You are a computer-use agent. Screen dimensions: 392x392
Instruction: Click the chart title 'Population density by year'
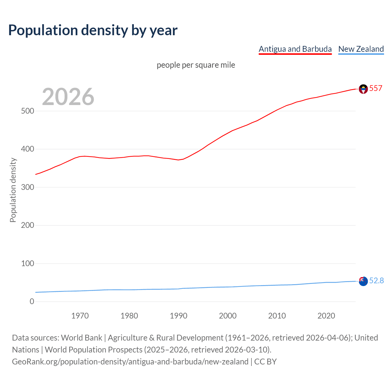[93, 30]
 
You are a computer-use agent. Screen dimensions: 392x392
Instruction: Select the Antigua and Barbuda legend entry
[295, 49]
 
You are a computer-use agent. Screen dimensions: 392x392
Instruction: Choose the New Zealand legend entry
[361, 49]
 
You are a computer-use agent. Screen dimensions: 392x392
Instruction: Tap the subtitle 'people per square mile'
[196, 65]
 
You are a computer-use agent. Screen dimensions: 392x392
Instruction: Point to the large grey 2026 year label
[68, 97]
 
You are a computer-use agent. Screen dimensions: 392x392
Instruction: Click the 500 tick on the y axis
[28, 111]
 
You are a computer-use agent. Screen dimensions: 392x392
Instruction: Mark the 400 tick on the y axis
[28, 149]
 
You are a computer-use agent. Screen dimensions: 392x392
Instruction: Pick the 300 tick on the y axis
[28, 187]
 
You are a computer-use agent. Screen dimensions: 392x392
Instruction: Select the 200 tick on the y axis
[28, 225]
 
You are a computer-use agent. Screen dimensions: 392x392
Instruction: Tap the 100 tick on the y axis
[28, 263]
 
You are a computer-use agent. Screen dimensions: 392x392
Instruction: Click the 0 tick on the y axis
[32, 301]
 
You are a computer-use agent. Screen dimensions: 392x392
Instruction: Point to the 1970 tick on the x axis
[80, 316]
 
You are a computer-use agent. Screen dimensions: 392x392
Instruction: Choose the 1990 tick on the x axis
[179, 316]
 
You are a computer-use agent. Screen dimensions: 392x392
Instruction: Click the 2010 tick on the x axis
[277, 316]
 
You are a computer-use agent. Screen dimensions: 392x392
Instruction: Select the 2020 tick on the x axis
[326, 316]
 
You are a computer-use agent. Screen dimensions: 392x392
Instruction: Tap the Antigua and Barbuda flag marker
[363, 89]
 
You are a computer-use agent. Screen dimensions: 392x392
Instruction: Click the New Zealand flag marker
[363, 281]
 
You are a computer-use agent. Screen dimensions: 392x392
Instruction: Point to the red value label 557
[376, 89]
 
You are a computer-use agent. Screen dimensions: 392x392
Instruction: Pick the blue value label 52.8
[376, 281]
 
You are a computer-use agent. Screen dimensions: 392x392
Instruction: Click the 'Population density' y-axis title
[13, 190]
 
